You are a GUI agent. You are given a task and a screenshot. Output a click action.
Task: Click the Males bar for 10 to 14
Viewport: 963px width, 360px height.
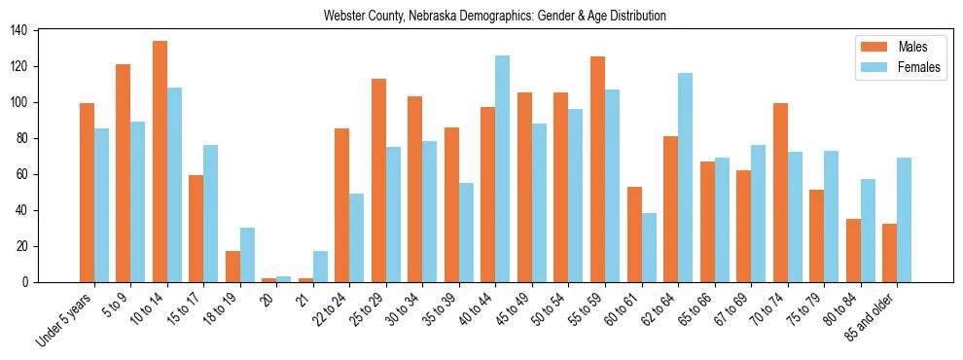click(x=160, y=162)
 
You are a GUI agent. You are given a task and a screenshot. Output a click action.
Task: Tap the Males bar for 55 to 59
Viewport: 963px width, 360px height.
click(x=597, y=169)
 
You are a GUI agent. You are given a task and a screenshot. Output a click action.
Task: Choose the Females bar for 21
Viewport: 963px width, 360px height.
click(x=320, y=267)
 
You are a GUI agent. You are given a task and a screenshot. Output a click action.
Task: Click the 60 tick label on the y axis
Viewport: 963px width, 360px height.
click(x=26, y=174)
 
